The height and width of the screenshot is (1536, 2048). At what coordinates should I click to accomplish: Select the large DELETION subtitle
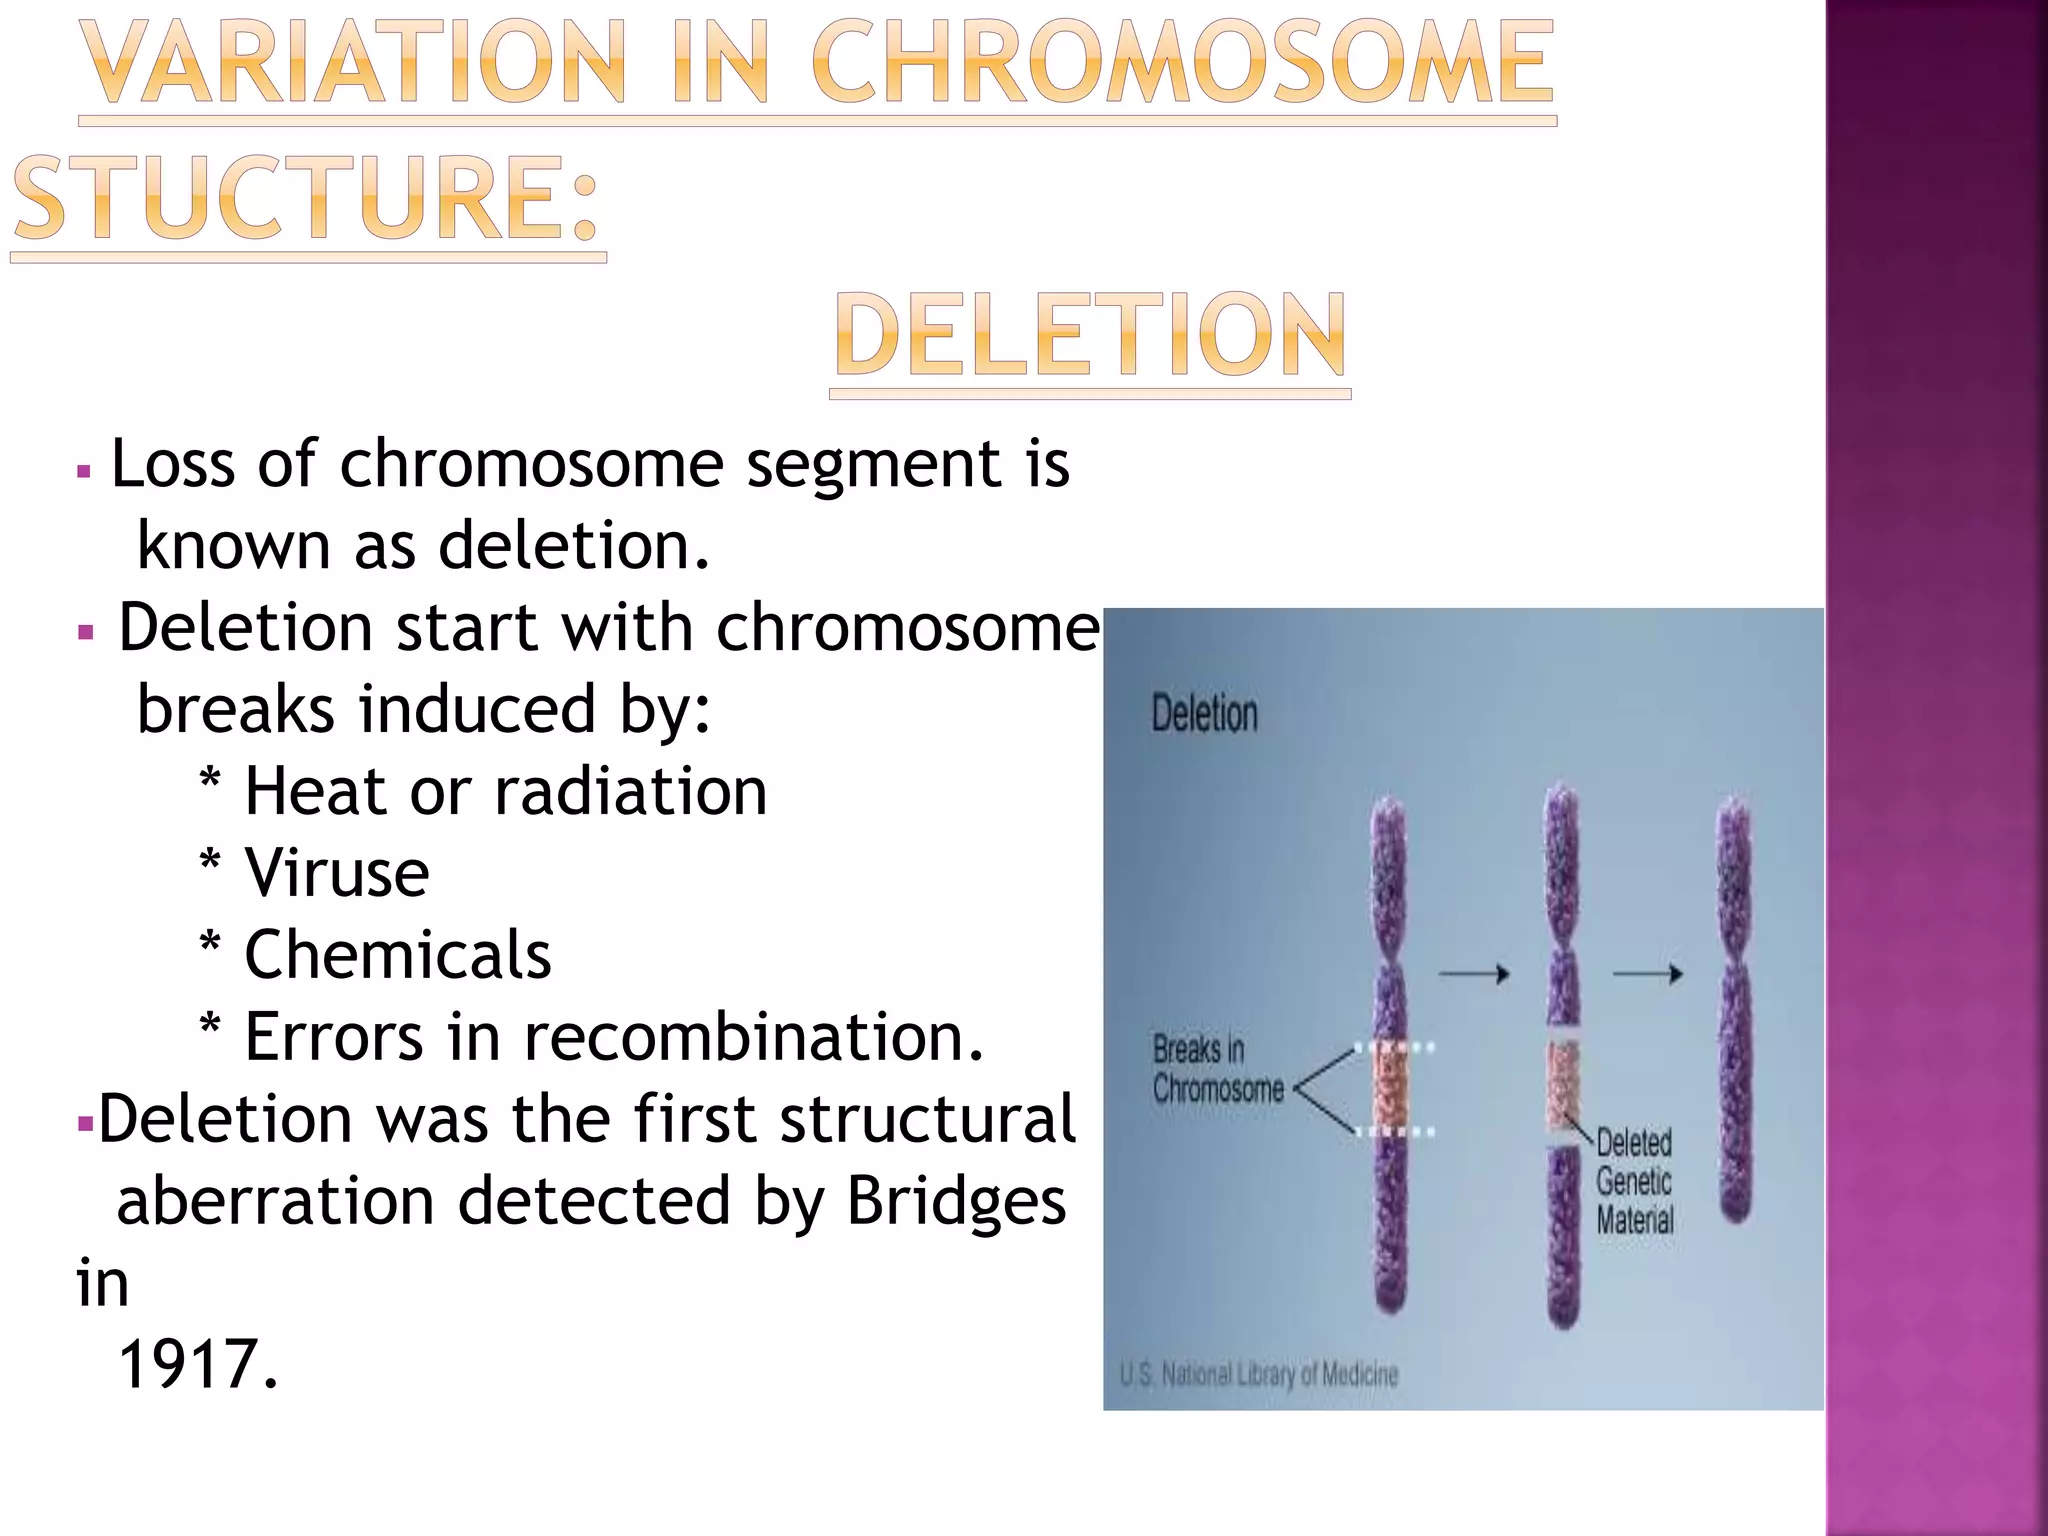point(1090,336)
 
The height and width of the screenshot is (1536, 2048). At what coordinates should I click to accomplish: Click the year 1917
point(196,1365)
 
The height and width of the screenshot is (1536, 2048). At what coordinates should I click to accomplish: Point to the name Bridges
point(956,1202)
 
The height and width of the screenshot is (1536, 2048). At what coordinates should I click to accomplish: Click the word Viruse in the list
point(336,873)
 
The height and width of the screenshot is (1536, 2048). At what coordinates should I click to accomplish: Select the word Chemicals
point(397,955)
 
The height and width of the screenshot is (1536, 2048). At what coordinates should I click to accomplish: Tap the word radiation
point(630,792)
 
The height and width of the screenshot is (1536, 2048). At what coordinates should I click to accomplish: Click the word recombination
point(754,1037)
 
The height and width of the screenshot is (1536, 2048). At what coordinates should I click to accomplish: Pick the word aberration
point(275,1202)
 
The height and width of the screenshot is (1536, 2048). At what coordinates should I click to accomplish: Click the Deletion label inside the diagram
point(1204,714)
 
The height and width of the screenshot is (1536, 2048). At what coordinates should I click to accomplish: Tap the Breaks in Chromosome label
point(1217,1069)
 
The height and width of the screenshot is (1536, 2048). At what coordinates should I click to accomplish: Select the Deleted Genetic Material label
point(1634,1181)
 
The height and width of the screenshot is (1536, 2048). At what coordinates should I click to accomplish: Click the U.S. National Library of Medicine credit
point(1259,1375)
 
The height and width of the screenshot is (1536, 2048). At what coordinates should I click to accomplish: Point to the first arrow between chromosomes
point(1474,973)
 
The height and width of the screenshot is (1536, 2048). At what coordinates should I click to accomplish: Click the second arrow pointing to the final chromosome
point(1648,973)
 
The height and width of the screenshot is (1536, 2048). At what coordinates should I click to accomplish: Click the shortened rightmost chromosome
point(1735,1010)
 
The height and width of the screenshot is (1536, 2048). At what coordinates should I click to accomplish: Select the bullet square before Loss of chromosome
point(84,470)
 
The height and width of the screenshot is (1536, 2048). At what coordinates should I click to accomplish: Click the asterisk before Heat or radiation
point(210,780)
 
